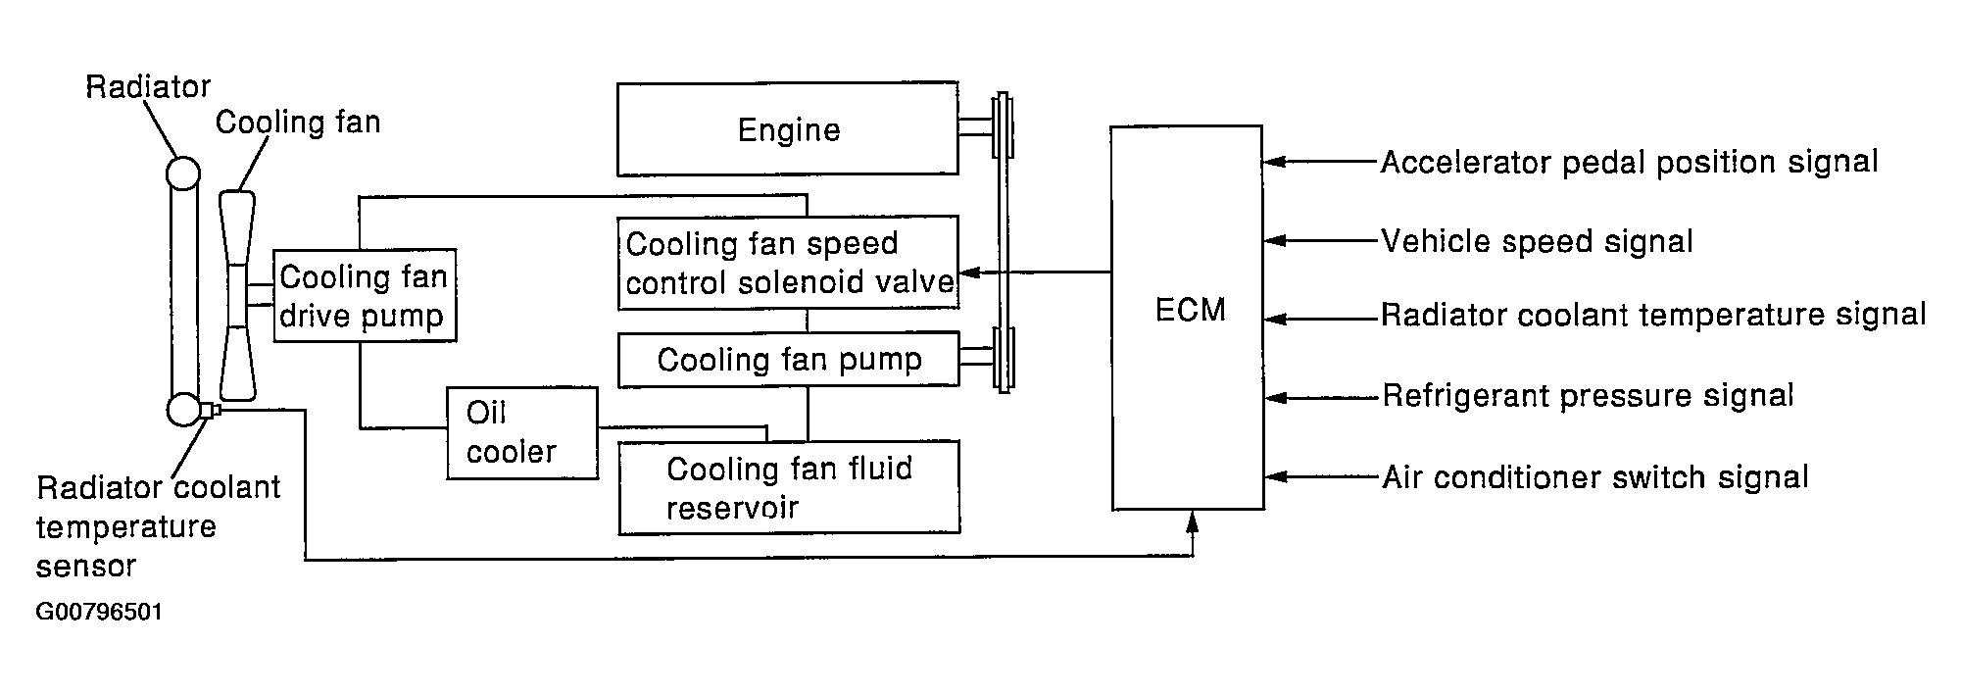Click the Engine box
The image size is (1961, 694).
[787, 128]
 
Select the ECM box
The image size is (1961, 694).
[1187, 317]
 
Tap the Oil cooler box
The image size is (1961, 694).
[521, 433]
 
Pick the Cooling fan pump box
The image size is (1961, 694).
[788, 360]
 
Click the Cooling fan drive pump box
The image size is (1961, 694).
[365, 295]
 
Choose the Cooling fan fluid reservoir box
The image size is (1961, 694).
[789, 487]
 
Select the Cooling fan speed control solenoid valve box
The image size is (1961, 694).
[788, 263]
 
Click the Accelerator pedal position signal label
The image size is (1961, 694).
[1629, 162]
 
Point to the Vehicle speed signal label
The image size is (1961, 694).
[1537, 241]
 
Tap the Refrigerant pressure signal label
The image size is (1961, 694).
[1588, 396]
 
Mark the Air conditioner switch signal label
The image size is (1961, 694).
[1594, 477]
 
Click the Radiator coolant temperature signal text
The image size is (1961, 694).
[1653, 315]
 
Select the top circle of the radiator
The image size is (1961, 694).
[182, 173]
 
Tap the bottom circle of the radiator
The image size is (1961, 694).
[183, 409]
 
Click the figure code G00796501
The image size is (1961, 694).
[99, 613]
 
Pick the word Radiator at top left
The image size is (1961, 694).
[148, 87]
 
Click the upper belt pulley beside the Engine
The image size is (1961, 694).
[1002, 125]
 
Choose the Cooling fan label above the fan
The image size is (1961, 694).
[297, 123]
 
